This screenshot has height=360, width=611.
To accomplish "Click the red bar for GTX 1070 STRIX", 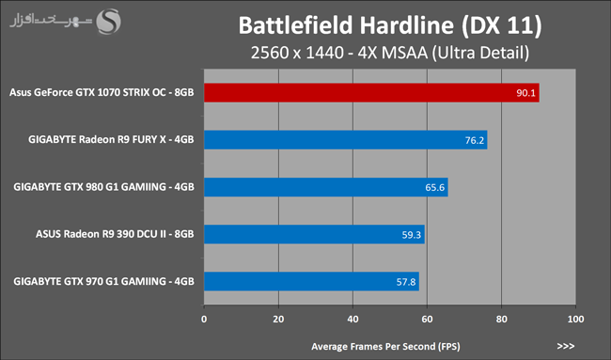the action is click(371, 93).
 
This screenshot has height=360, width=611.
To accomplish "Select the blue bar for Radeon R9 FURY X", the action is click(346, 140).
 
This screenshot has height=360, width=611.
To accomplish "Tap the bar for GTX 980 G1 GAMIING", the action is click(326, 187).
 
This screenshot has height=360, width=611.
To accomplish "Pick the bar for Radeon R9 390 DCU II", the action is click(315, 235).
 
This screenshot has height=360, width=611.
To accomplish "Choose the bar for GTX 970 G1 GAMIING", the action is click(312, 282).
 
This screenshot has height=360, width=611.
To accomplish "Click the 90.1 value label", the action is click(525, 93).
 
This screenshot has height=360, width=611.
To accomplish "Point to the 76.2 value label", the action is click(474, 140).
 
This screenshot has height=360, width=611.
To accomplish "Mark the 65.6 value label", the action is click(435, 188).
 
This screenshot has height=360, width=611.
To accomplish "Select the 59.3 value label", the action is click(412, 235).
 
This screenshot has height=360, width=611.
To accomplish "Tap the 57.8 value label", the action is click(406, 282).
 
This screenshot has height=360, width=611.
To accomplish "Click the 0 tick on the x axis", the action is click(204, 319).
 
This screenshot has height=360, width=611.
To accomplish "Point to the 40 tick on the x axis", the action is click(352, 319).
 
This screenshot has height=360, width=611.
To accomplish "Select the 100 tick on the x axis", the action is click(575, 319).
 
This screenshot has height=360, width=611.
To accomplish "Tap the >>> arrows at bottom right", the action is click(566, 346).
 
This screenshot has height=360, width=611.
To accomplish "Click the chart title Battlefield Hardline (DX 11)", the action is click(390, 25).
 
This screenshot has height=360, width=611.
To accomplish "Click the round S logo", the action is click(109, 22).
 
